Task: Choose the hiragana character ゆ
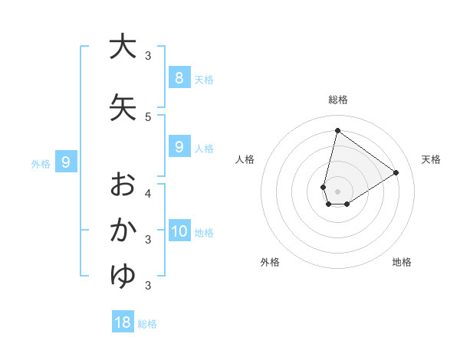click(x=123, y=276)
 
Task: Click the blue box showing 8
click(x=179, y=77)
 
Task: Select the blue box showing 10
click(x=179, y=231)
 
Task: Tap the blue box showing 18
click(x=123, y=322)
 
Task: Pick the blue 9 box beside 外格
click(x=66, y=162)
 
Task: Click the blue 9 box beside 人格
click(x=179, y=147)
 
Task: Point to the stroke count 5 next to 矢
click(x=148, y=116)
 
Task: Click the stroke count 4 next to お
click(x=148, y=192)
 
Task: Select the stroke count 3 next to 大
click(x=148, y=55)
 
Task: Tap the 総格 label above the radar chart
click(x=338, y=100)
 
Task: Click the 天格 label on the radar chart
click(x=431, y=159)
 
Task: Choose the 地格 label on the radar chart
click(x=402, y=262)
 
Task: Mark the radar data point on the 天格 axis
click(x=396, y=172)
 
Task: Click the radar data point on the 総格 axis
click(x=337, y=130)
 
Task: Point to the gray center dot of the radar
click(x=337, y=191)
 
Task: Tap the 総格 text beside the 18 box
click(x=147, y=323)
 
